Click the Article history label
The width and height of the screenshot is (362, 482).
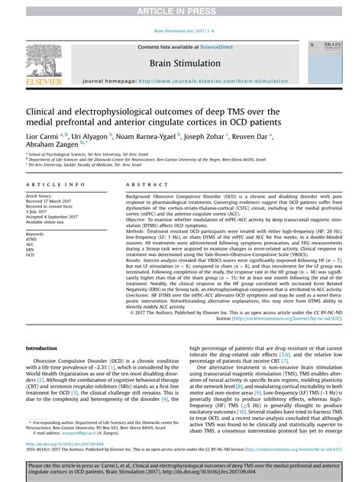[43, 196]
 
